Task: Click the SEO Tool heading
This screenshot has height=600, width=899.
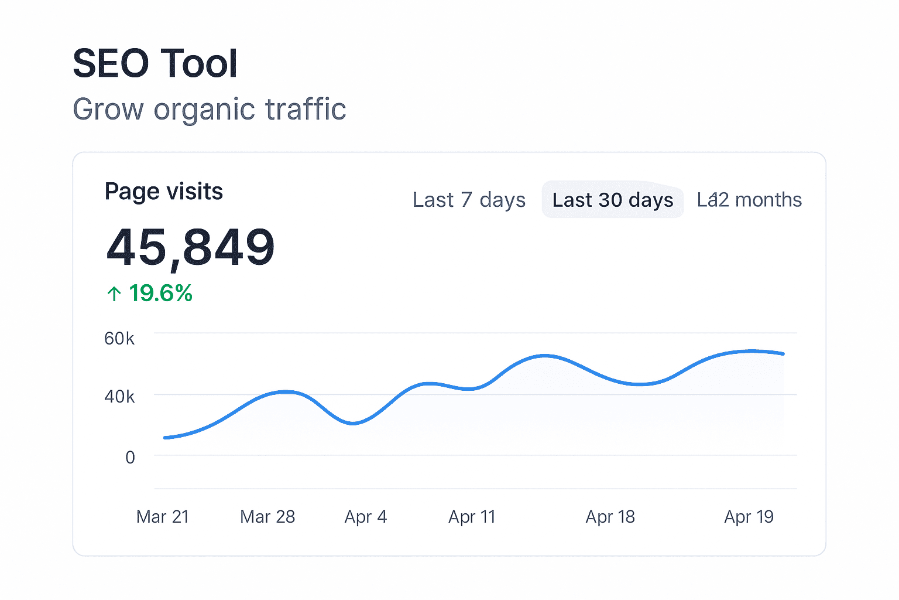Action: pyautogui.click(x=155, y=63)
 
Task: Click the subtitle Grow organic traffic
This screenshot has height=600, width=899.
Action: pyautogui.click(x=209, y=110)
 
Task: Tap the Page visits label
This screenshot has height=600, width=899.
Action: pyautogui.click(x=163, y=192)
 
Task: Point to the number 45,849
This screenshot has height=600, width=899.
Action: pyautogui.click(x=190, y=248)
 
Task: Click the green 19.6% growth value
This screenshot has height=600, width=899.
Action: pyautogui.click(x=160, y=293)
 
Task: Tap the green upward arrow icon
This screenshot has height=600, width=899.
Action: pyautogui.click(x=114, y=294)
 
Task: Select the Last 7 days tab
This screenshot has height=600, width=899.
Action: pyautogui.click(x=469, y=200)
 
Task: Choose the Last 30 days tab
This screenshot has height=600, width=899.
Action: pyautogui.click(x=612, y=200)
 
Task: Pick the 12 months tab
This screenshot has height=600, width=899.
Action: pyautogui.click(x=749, y=200)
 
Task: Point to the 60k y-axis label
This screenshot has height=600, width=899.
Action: pyautogui.click(x=119, y=339)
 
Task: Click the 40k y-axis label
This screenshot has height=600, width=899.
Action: pyautogui.click(x=119, y=397)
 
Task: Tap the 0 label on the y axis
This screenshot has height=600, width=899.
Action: pyautogui.click(x=130, y=457)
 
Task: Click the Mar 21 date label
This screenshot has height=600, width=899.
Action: pyautogui.click(x=162, y=517)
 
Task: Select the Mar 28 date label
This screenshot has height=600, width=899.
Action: pyautogui.click(x=267, y=517)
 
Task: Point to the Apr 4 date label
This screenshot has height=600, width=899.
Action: pyautogui.click(x=366, y=517)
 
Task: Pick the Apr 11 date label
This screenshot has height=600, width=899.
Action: pyautogui.click(x=472, y=517)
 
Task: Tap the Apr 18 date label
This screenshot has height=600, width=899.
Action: pyautogui.click(x=610, y=517)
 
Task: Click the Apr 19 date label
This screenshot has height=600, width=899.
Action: pyautogui.click(x=749, y=517)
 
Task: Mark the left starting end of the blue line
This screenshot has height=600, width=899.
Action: pyautogui.click(x=166, y=438)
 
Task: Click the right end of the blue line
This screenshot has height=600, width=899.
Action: pyautogui.click(x=783, y=354)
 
